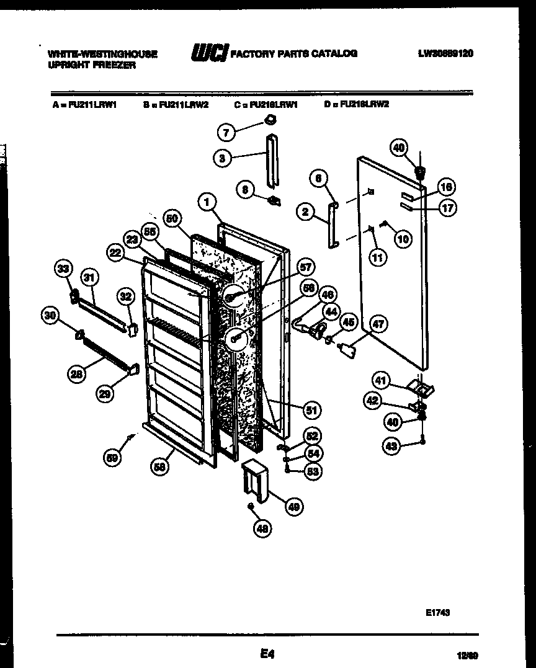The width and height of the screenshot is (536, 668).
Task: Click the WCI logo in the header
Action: point(208,54)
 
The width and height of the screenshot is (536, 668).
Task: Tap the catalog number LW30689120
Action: point(445,54)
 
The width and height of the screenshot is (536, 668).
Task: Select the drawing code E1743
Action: point(437,612)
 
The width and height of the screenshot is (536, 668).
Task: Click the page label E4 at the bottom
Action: point(267,654)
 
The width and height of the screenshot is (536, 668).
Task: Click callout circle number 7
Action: point(226,132)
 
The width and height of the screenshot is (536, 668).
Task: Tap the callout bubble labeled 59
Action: point(112,458)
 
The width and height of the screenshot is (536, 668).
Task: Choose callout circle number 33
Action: point(64,269)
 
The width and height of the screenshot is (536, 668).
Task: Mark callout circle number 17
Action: point(447,208)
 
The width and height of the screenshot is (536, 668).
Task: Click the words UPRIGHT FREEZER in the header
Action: point(91,65)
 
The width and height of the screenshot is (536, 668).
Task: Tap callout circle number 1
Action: point(208,200)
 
